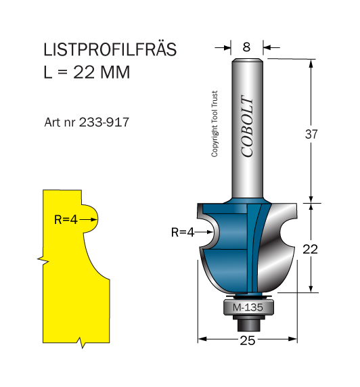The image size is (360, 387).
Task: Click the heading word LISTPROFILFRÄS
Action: (110, 49)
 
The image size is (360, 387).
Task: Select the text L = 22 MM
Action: (87, 72)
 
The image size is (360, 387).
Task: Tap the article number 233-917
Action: (104, 122)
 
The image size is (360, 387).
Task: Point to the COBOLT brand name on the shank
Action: (247, 126)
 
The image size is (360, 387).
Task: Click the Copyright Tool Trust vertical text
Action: (215, 124)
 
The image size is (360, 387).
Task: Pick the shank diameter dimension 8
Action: (246, 47)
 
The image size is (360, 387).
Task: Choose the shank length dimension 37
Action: (311, 134)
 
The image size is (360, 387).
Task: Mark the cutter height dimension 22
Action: (311, 249)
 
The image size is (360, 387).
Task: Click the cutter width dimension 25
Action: (248, 340)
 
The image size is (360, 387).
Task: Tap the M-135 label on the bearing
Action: (248, 308)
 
